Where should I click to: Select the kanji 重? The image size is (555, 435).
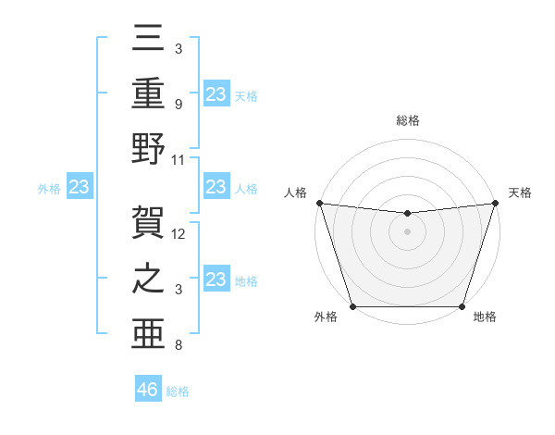[149, 94]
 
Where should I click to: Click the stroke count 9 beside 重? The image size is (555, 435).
[178, 104]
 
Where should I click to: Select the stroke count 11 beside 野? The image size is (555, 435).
[179, 159]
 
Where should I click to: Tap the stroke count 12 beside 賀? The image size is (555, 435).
[179, 234]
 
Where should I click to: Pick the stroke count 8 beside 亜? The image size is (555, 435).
[178, 346]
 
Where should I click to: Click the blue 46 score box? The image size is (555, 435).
[148, 390]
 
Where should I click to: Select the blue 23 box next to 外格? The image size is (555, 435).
[80, 188]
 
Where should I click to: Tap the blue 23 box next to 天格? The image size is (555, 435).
[216, 94]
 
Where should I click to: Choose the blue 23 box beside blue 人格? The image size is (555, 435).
[216, 188]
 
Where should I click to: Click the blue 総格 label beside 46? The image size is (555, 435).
[178, 391]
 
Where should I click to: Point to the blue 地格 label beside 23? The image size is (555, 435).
[246, 281]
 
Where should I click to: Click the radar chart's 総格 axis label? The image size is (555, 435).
[407, 121]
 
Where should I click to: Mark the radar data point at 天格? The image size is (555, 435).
[495, 203]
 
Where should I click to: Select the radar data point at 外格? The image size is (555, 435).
[352, 306]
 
